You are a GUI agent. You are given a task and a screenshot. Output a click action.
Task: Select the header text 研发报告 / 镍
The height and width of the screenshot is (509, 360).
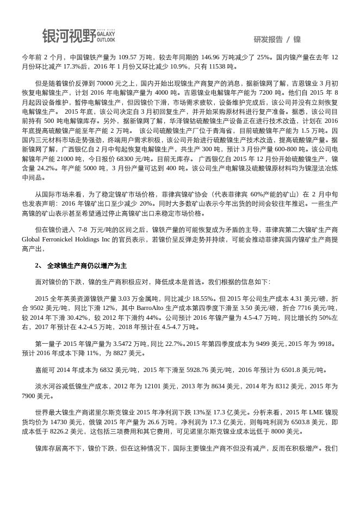[x=277, y=39]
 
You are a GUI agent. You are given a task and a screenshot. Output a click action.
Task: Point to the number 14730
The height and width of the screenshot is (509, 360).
[x=60, y=422]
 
